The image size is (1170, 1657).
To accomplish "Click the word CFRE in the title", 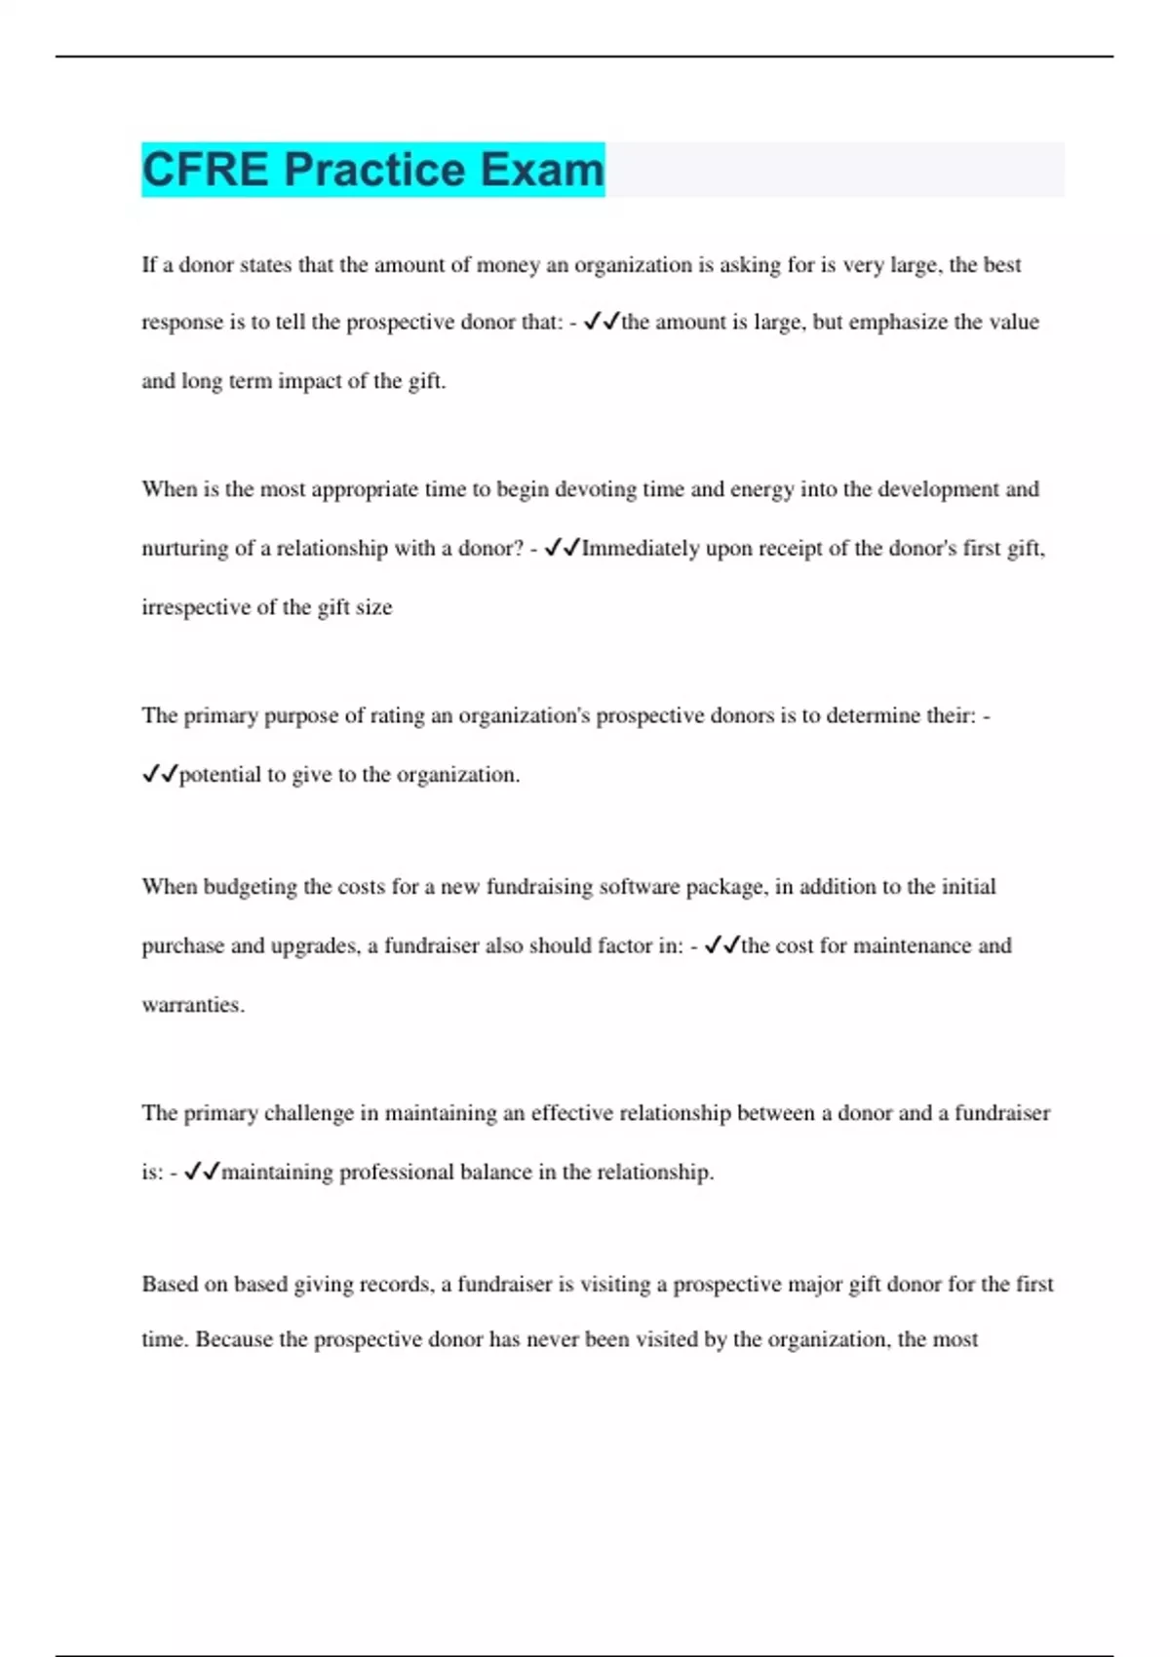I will [x=205, y=170].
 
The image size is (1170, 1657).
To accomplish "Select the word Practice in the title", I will [x=374, y=170].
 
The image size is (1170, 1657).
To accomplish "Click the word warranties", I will [x=192, y=1005].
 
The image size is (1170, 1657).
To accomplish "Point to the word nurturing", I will [x=183, y=549].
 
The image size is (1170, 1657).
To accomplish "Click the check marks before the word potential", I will [x=160, y=775].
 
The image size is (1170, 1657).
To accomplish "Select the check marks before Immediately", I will [x=562, y=549].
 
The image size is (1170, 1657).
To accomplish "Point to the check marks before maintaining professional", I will [x=202, y=1172].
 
